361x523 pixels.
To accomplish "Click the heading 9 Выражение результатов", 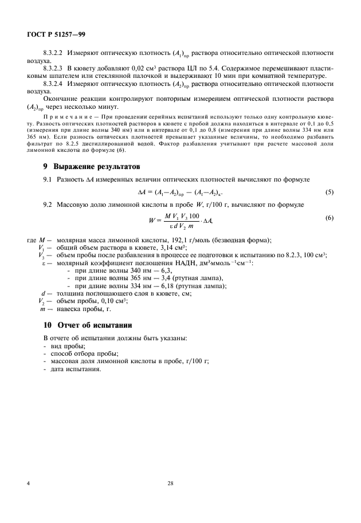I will click(92, 168).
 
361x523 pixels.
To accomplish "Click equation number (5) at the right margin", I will click(329, 192).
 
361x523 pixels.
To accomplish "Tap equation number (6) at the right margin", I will click(329, 218).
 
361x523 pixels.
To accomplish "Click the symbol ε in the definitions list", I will click(44, 262).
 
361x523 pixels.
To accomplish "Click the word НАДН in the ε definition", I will click(170, 262).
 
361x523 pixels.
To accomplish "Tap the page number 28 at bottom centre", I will click(170, 483).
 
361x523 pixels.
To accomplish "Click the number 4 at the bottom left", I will click(29, 483).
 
